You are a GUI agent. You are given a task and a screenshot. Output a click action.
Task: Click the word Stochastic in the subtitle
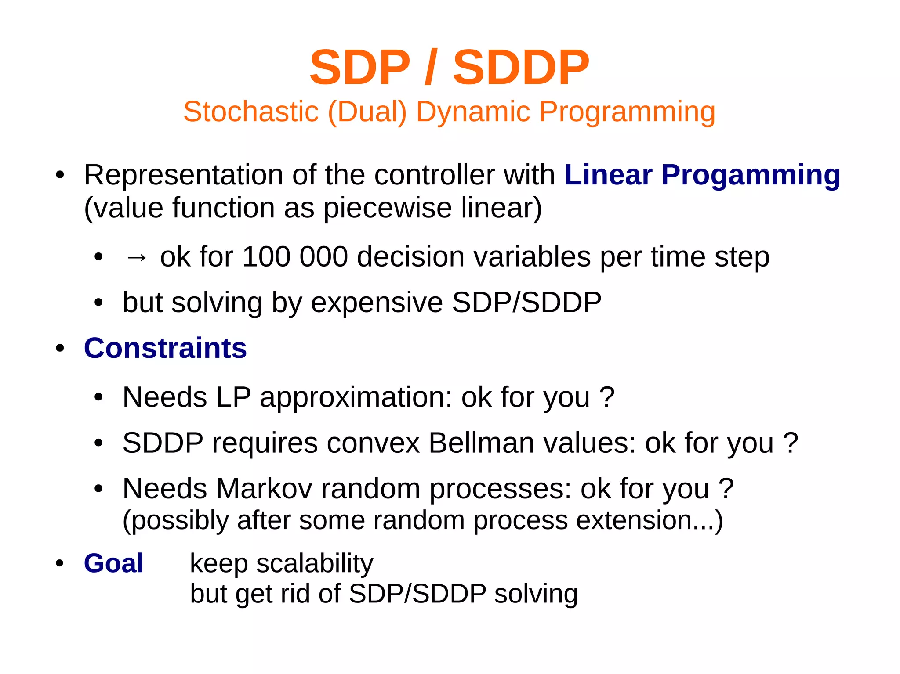(250, 112)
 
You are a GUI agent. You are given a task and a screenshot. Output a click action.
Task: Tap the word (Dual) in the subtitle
(367, 112)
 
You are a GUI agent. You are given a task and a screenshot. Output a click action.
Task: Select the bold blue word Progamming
(751, 176)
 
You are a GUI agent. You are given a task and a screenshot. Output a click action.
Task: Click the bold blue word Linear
(608, 175)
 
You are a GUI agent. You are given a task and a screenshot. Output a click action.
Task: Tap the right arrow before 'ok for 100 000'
(136, 257)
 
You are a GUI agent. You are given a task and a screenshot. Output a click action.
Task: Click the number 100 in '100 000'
(266, 257)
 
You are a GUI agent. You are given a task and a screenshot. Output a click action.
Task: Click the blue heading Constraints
(165, 348)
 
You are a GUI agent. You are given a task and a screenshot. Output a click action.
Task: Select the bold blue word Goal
(113, 563)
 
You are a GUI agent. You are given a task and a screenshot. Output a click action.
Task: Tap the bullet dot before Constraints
(60, 349)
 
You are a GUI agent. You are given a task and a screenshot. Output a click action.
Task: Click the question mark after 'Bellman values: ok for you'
(791, 443)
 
